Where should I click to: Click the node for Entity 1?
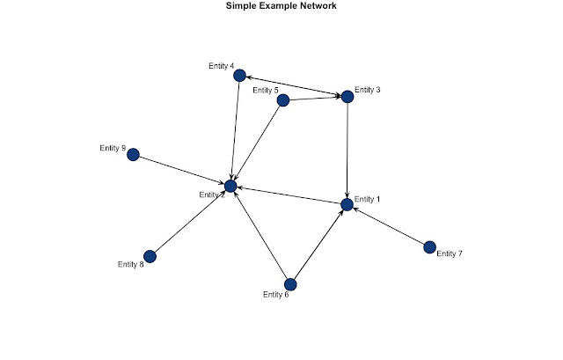[x=347, y=204]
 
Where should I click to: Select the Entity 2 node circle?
[x=230, y=187]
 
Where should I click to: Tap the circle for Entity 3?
[x=347, y=97]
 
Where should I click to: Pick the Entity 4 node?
[x=238, y=76]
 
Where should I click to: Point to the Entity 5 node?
[x=283, y=100]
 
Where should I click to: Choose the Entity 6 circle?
[x=291, y=284]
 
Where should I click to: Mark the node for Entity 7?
[x=429, y=246]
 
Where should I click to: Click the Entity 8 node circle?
[x=150, y=256]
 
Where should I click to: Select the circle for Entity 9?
[x=133, y=155]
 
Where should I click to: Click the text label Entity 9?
[x=112, y=148]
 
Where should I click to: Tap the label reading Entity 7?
[x=450, y=253]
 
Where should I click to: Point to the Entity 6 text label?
[x=275, y=294]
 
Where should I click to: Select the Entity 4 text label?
[x=221, y=66]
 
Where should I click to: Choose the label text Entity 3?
[x=368, y=90]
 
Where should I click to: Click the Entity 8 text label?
[x=130, y=263]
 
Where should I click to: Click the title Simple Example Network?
[x=281, y=7]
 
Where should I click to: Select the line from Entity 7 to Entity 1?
[x=388, y=225]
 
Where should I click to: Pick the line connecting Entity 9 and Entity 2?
[x=181, y=171]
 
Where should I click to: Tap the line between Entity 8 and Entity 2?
[x=190, y=221]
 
